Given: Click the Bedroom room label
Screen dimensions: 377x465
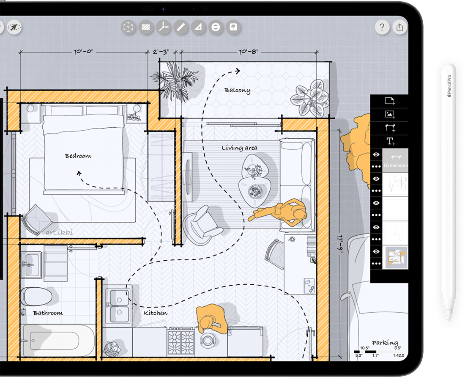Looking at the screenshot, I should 78,156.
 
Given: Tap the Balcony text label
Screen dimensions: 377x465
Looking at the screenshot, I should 237,91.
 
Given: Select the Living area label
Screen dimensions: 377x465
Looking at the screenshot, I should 239,148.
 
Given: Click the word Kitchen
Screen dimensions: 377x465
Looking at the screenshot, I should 155,313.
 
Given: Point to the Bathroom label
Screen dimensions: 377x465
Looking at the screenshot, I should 48,313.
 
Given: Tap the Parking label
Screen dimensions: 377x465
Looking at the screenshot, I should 385,343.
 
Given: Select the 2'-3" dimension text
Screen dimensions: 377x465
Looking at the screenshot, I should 161,52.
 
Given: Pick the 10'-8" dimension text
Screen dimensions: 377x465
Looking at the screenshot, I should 249,52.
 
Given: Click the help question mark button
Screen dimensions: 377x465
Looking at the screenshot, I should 382,28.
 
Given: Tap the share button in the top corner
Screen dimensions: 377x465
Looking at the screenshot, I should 399,28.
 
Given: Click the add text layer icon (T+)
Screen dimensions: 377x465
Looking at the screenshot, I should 390,141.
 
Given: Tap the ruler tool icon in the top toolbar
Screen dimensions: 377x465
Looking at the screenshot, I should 181,28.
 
